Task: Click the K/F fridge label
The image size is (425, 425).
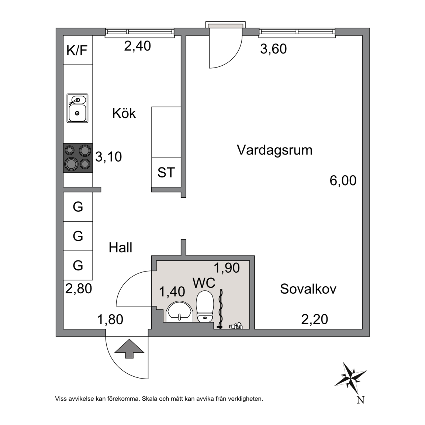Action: pyautogui.click(x=77, y=51)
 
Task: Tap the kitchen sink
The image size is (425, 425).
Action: pyautogui.click(x=77, y=108)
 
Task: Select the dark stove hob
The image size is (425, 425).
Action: pyautogui.click(x=78, y=158)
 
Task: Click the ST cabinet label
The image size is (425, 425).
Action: pyautogui.click(x=166, y=172)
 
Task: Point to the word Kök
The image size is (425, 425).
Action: pyautogui.click(x=124, y=113)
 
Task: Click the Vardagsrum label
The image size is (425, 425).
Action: pyautogui.click(x=274, y=150)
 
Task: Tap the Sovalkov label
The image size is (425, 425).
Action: pyautogui.click(x=308, y=288)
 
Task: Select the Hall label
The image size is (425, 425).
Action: pyautogui.click(x=120, y=248)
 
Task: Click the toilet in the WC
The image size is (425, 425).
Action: pyautogui.click(x=205, y=307)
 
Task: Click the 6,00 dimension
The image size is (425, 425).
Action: pyautogui.click(x=343, y=180)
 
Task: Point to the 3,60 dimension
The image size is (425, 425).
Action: pyautogui.click(x=273, y=49)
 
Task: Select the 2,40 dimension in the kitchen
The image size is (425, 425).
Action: pyautogui.click(x=137, y=46)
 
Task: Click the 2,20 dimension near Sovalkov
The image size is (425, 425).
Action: pyautogui.click(x=315, y=319)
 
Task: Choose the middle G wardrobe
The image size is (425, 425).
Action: pyautogui.click(x=78, y=236)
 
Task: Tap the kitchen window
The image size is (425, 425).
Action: pyautogui.click(x=139, y=32)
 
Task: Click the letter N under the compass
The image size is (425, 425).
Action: pyautogui.click(x=360, y=400)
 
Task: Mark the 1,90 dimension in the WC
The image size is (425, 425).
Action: pyautogui.click(x=227, y=268)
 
